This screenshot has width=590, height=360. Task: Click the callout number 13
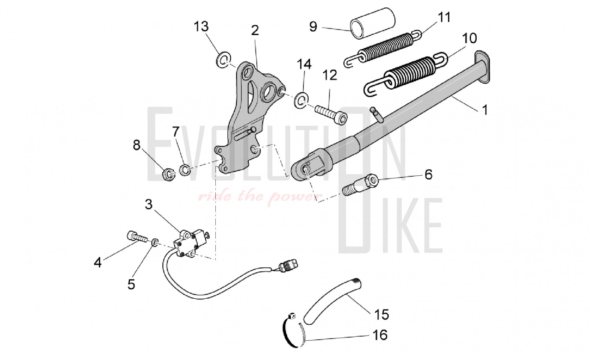(x=201, y=27)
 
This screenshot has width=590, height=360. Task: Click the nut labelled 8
(x=169, y=174)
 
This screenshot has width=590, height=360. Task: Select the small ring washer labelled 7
(x=185, y=170)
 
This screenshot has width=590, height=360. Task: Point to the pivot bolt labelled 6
(x=360, y=184)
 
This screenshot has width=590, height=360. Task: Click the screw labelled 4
(x=137, y=237)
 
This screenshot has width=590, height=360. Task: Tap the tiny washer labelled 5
(x=154, y=243)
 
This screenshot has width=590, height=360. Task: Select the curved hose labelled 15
(x=332, y=301)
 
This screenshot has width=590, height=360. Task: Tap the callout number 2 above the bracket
(x=255, y=30)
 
